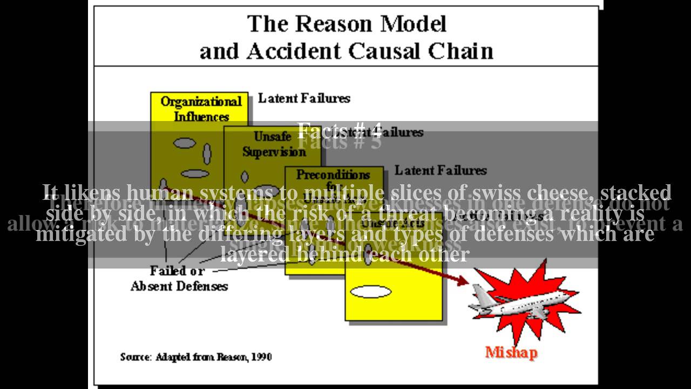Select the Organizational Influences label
click(201, 109)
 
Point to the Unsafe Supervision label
click(274, 144)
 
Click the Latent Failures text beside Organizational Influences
click(304, 98)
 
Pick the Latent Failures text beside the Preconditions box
click(441, 170)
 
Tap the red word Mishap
click(511, 353)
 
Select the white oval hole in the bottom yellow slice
click(370, 292)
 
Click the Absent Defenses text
click(179, 286)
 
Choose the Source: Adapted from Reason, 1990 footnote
click(195, 357)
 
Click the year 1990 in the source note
click(262, 357)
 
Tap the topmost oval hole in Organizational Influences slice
click(184, 143)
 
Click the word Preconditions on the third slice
click(333, 175)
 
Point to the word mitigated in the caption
click(72, 233)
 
